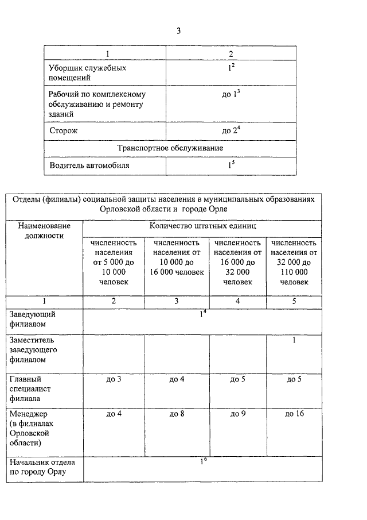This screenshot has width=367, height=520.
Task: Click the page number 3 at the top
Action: (178, 30)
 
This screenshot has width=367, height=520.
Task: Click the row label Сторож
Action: (63, 130)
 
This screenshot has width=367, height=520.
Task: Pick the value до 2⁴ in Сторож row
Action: (231, 130)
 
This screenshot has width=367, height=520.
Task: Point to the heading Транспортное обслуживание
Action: (170, 148)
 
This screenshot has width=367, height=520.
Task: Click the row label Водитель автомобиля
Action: (89, 165)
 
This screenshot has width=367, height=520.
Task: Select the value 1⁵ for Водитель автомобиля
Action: (231, 165)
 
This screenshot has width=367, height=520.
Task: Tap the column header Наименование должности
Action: (44, 230)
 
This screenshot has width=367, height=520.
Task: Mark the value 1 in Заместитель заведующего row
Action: (294, 341)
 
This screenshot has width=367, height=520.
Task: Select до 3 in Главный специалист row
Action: (114, 379)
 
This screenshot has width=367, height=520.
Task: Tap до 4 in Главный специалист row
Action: (177, 379)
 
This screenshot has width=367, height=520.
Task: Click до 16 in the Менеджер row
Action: (294, 414)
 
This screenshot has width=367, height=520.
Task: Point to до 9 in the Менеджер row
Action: (237, 414)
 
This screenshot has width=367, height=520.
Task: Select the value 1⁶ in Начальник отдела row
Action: (202, 461)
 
